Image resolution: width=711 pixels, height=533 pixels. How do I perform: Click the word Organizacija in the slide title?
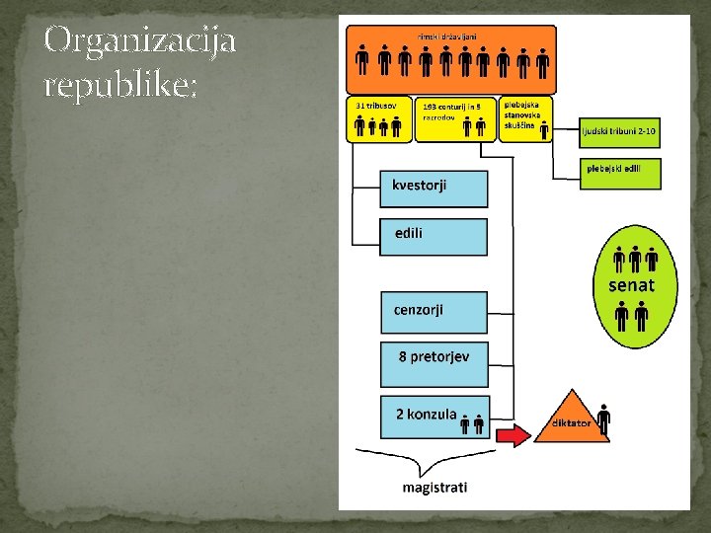[x=139, y=40]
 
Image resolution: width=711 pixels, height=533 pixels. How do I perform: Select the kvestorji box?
[x=434, y=188]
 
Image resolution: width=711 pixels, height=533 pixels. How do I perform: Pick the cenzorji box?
[x=434, y=311]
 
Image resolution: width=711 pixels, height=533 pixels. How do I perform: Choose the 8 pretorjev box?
[x=434, y=363]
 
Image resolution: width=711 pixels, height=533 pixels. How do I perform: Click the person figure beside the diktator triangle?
[x=603, y=419]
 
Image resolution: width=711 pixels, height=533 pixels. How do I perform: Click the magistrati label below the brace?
[x=434, y=488]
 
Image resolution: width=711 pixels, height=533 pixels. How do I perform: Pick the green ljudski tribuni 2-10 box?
[x=619, y=130]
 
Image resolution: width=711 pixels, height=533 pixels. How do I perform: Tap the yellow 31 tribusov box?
[x=379, y=118]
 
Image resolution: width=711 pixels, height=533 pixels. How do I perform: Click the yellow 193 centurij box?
[x=455, y=118]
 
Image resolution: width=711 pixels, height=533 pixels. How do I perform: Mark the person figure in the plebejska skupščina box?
[x=543, y=125]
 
